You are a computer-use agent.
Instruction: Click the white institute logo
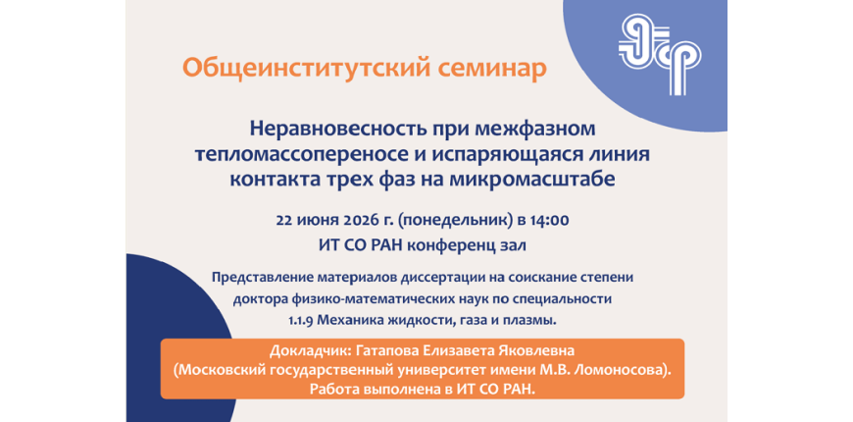pos(659,53)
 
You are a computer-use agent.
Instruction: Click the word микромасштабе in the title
pos(533,180)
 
